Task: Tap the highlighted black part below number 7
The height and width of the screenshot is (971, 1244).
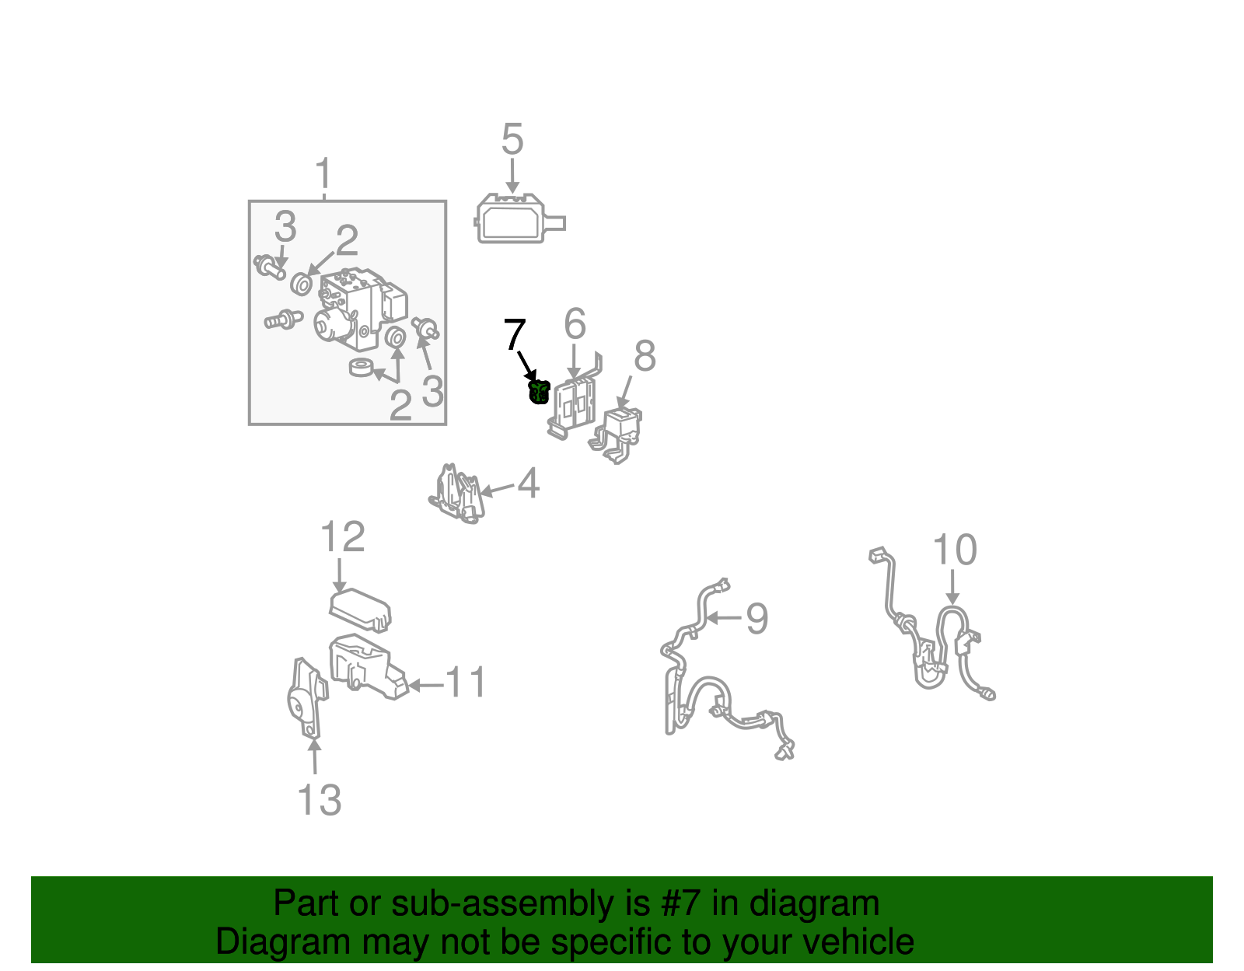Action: click(539, 392)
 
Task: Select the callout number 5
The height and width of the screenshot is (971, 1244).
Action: click(512, 139)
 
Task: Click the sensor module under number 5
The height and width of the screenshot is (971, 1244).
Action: click(520, 218)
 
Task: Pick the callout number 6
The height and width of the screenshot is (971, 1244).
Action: click(575, 323)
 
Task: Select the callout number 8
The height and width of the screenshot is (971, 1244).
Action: click(645, 355)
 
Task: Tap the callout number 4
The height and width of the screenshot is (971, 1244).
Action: click(529, 484)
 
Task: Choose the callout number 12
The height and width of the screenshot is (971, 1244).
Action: click(342, 536)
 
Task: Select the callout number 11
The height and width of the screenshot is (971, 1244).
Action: click(466, 682)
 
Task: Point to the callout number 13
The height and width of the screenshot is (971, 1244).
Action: click(320, 800)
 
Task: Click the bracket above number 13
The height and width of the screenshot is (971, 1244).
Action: click(308, 697)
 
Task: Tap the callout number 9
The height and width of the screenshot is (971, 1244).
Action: click(757, 619)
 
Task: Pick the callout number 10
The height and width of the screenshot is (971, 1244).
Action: click(955, 550)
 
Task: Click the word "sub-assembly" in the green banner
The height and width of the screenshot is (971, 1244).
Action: click(521, 903)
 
